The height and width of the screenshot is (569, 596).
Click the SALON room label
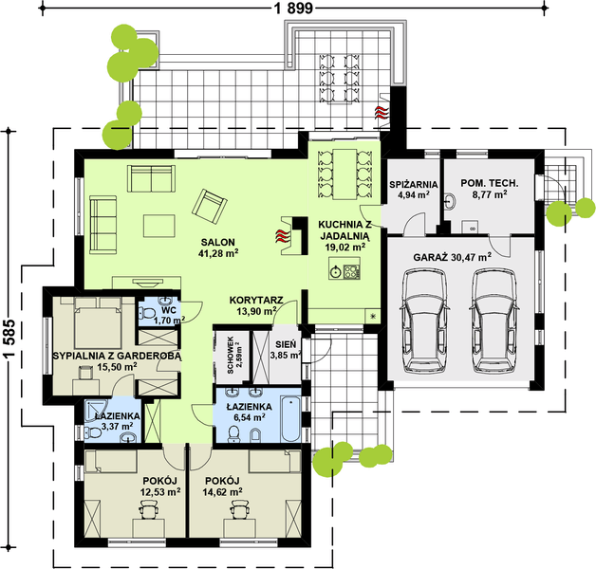217,240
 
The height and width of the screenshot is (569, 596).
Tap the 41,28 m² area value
217,253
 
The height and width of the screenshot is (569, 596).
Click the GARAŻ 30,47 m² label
452,256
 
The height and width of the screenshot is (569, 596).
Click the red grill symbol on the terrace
381,114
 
